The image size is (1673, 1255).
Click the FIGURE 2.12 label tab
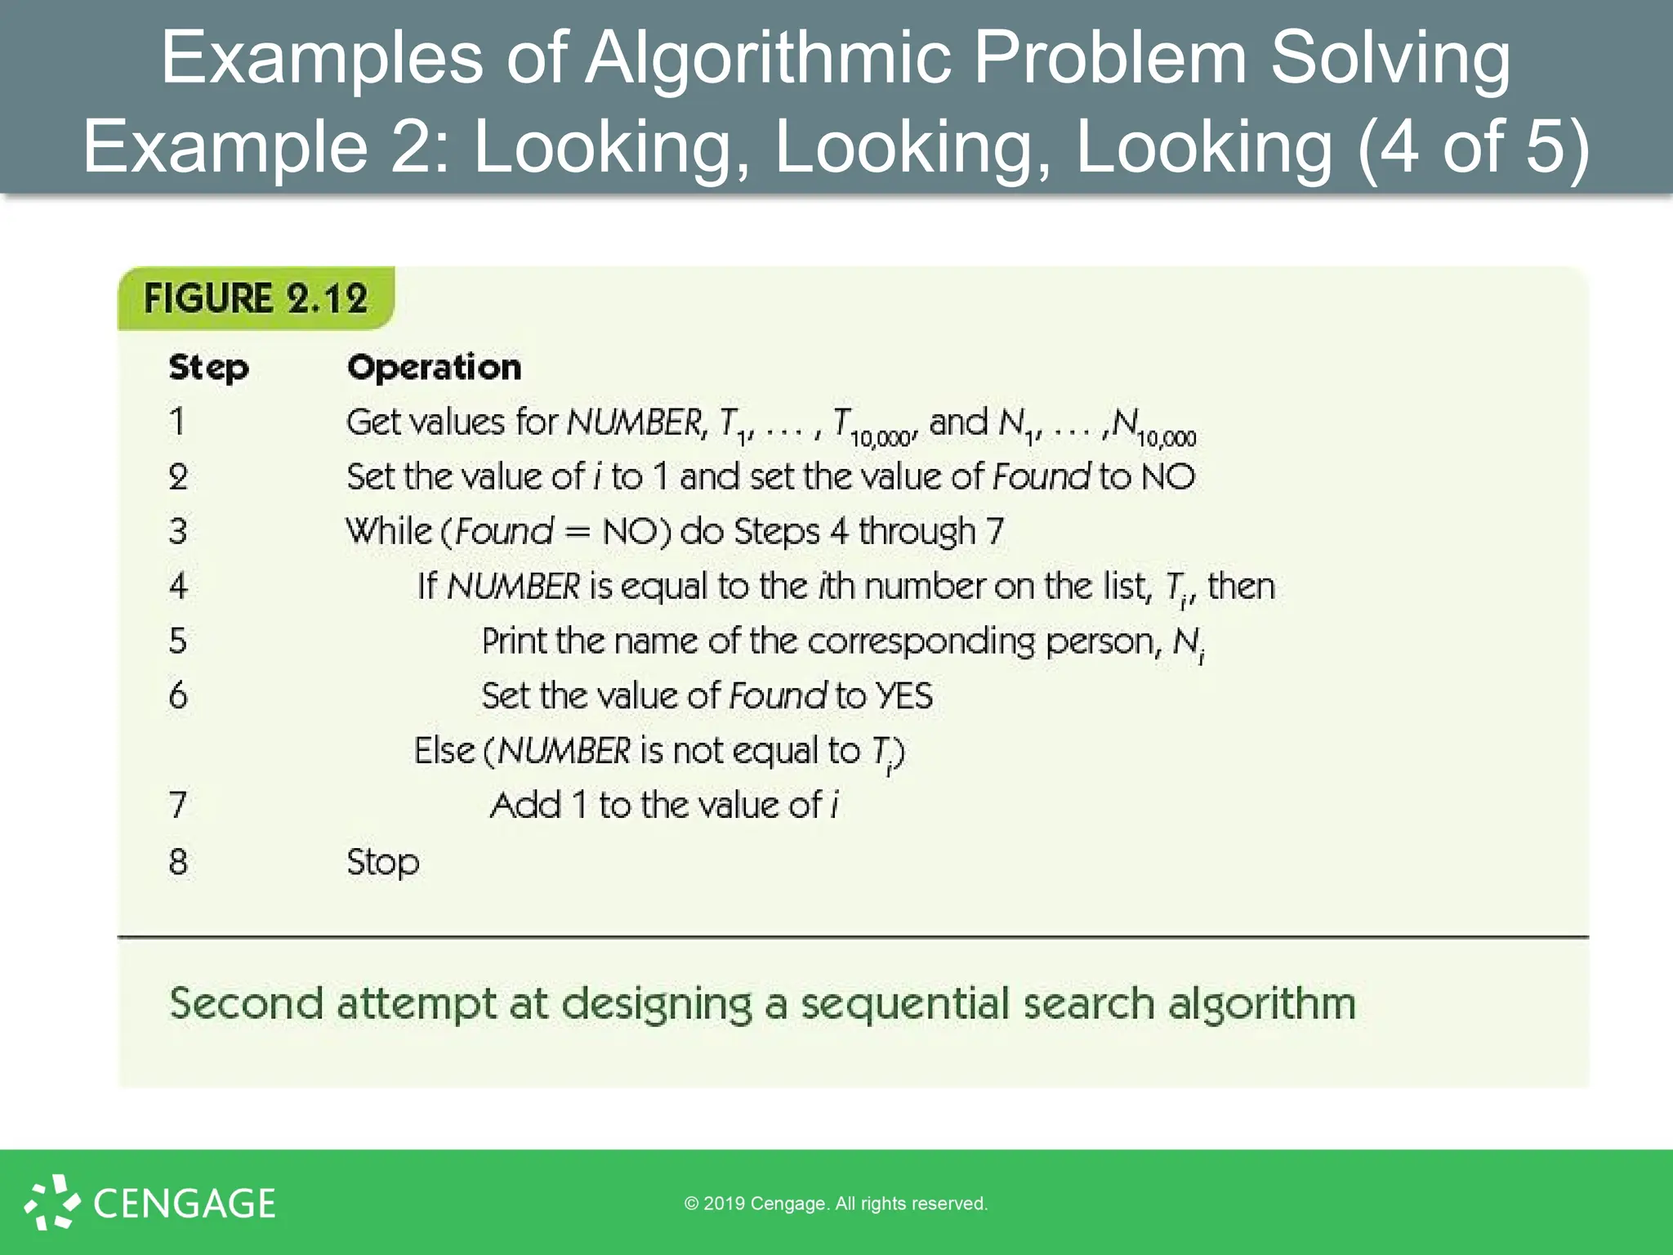click(256, 298)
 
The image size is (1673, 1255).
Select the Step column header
click(208, 368)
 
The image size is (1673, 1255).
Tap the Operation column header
click(434, 368)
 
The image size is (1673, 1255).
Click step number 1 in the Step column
click(177, 422)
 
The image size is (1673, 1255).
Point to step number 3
click(178, 531)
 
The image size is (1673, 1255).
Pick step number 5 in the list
click(178, 641)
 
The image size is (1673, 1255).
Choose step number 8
click(178, 862)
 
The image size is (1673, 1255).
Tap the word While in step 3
click(388, 531)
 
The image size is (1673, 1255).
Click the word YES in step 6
click(903, 696)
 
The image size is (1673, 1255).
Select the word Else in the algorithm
click(444, 751)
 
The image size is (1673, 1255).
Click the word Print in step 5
click(514, 641)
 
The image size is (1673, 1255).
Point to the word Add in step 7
click(526, 806)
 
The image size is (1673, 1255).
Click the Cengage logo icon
click(52, 1202)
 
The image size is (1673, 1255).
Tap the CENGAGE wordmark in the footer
click(185, 1204)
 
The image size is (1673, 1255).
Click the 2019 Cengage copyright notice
click(836, 1204)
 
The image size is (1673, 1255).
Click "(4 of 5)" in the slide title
click(1473, 147)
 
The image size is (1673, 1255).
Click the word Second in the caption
click(246, 1003)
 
